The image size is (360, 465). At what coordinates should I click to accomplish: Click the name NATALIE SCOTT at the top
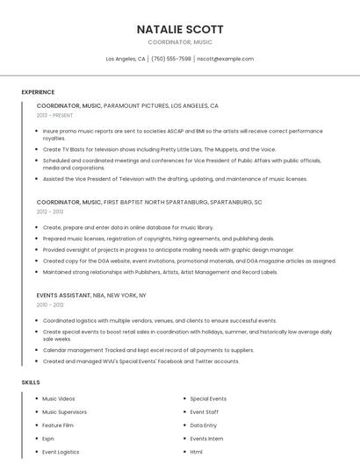(x=180, y=29)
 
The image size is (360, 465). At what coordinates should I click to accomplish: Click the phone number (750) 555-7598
(x=171, y=59)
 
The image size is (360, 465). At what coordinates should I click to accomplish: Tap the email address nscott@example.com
(x=226, y=59)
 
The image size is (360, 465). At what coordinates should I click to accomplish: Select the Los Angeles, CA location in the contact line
(x=126, y=59)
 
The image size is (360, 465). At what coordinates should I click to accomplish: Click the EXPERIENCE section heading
(x=38, y=92)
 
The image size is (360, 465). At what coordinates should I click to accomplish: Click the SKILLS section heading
(x=31, y=383)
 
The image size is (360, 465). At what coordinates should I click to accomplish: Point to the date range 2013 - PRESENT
(x=54, y=115)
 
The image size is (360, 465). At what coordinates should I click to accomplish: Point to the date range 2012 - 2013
(x=50, y=211)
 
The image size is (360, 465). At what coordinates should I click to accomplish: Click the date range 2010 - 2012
(x=50, y=305)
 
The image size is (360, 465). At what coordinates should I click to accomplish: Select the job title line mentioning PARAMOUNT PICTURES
(x=127, y=105)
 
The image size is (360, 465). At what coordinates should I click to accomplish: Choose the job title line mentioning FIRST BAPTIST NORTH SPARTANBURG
(x=149, y=202)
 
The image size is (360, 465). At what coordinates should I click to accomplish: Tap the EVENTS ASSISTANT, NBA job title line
(x=91, y=296)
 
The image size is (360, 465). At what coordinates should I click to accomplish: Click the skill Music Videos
(x=59, y=398)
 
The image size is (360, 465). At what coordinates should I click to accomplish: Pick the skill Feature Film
(x=58, y=425)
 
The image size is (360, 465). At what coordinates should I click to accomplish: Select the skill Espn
(x=48, y=438)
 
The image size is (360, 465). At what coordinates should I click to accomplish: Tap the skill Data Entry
(x=204, y=425)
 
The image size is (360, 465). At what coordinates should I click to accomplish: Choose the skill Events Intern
(x=207, y=438)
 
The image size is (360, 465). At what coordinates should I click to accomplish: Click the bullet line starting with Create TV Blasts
(x=159, y=149)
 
